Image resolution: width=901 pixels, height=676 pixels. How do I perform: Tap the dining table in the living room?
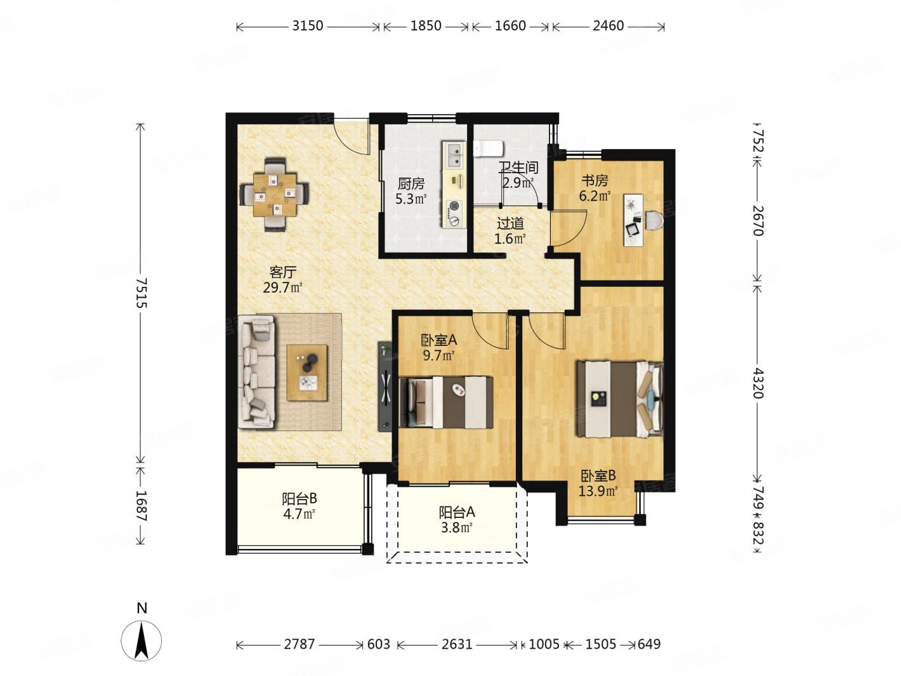click(x=275, y=195)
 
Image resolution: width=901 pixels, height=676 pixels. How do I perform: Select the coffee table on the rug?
click(x=307, y=373)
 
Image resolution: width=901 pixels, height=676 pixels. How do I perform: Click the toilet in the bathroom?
click(x=488, y=148)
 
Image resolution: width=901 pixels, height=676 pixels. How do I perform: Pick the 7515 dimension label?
click(x=141, y=293)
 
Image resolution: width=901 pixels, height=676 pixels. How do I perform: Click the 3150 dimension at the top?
click(x=308, y=26)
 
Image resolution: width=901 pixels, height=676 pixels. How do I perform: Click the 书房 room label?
click(x=595, y=181)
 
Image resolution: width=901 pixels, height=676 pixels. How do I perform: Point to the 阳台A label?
click(x=457, y=512)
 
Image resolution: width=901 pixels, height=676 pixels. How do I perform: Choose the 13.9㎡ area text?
click(x=598, y=491)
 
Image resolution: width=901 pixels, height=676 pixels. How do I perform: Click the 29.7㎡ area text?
click(x=283, y=288)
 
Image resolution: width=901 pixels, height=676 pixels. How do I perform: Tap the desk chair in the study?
click(x=654, y=220)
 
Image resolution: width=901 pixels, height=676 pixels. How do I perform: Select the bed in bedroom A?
click(x=446, y=402)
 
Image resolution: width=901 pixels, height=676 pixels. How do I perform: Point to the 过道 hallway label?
click(x=510, y=223)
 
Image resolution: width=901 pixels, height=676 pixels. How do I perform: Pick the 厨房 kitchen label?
click(x=411, y=184)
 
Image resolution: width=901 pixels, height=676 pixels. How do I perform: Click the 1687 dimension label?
click(x=141, y=506)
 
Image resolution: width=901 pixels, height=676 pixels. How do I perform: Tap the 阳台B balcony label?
click(x=299, y=499)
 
